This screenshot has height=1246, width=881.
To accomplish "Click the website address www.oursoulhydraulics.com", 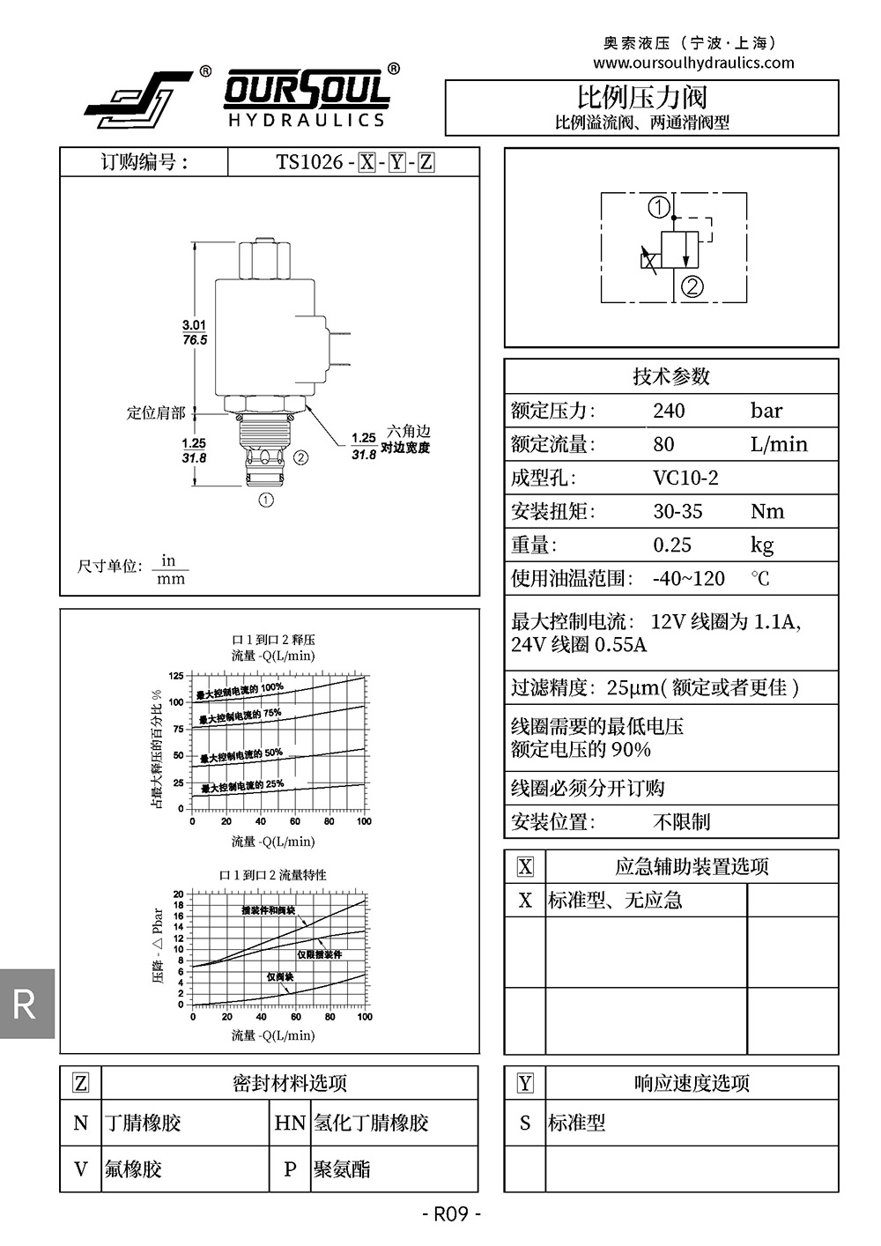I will point(693,63).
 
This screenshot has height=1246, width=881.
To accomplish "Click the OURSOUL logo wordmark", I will point(307,91).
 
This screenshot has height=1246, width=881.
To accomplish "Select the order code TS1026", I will point(309,162).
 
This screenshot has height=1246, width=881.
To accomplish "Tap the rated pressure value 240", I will point(669,411).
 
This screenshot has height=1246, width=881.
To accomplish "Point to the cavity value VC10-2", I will point(685,478).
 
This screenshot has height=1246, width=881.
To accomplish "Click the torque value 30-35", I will point(677,512).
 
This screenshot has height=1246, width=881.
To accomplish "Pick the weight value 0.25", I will point(672,545).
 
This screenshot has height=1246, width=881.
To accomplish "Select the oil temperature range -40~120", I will point(688,579).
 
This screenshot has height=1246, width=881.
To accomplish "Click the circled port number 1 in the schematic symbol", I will point(659,209).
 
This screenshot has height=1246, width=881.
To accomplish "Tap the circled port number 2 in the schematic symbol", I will point(693,287).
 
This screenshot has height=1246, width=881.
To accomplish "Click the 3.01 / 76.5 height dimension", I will point(194,333).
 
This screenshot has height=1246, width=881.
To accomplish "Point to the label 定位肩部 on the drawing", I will point(156,412).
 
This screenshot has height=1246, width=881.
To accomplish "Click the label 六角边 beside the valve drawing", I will point(409,432).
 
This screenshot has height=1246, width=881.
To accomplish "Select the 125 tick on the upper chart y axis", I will point(176,676).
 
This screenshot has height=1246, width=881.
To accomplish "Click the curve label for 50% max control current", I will point(241,755).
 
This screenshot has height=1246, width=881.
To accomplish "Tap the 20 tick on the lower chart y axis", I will point(178,894).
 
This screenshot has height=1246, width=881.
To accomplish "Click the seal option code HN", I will point(290,1123).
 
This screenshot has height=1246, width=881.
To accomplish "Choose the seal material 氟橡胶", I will point(133,1169).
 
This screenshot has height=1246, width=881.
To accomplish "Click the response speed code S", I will point(525,1123).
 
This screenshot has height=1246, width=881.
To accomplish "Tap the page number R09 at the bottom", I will point(451,1214).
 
